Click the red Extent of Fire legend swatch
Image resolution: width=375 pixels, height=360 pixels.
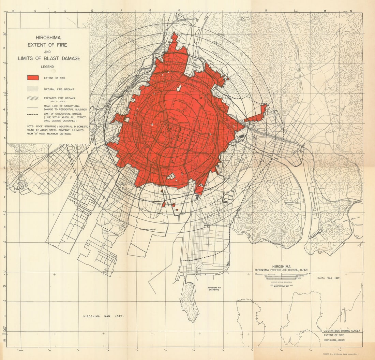(33, 78)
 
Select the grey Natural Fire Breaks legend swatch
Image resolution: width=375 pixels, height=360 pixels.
(33, 89)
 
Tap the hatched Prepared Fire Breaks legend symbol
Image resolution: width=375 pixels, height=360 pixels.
(33, 98)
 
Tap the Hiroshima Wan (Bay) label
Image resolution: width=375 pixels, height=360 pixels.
(104, 316)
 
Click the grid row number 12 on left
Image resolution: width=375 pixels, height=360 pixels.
(4, 340)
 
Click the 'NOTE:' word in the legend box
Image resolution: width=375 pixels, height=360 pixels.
(31, 126)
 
